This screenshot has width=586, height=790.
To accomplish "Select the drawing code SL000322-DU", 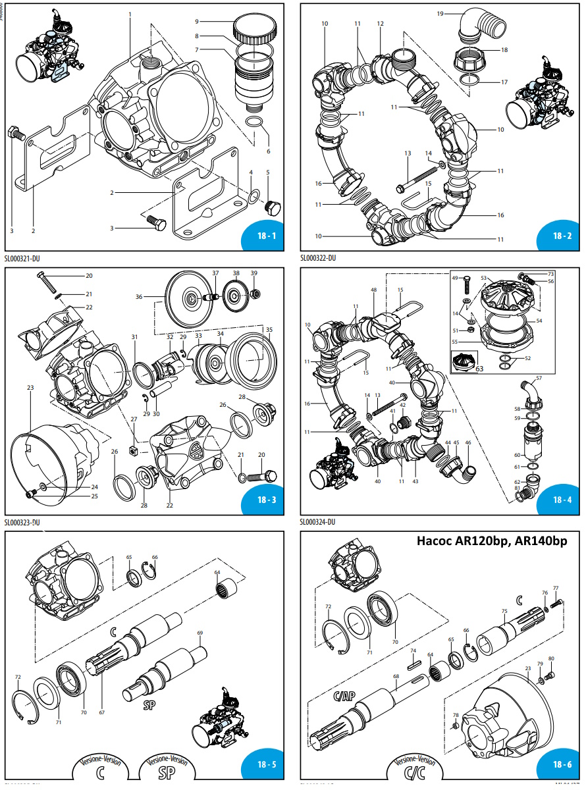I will click(318, 259).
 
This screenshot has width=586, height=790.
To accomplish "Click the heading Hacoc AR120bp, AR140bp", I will click(492, 541).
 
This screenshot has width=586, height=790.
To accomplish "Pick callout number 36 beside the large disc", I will click(139, 297).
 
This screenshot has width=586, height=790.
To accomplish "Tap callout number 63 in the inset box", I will click(479, 369).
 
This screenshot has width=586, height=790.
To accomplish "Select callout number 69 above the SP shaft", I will click(200, 633).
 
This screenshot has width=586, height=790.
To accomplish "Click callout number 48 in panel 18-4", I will click(373, 290).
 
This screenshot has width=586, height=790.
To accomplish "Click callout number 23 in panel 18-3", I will click(30, 388).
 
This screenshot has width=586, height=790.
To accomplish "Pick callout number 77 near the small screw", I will click(556, 588).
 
